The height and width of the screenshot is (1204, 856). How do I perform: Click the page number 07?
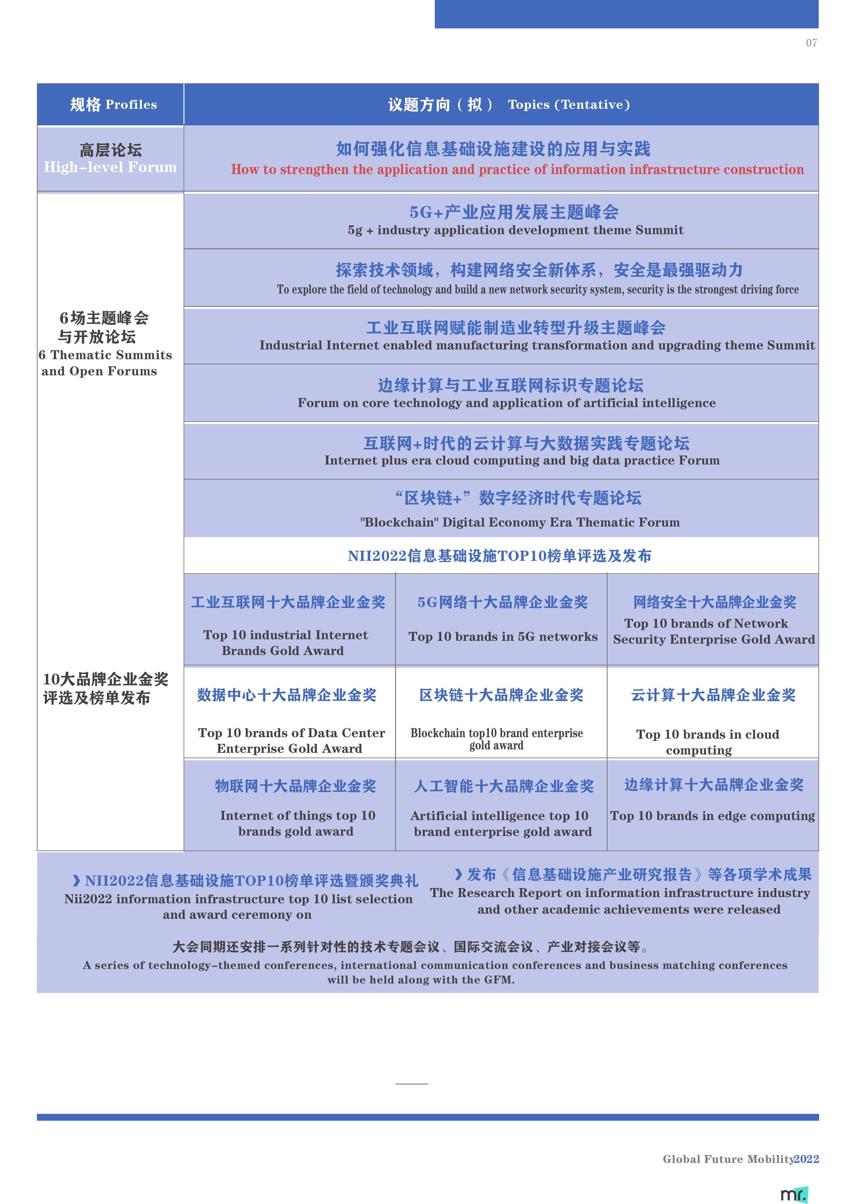pyautogui.click(x=811, y=43)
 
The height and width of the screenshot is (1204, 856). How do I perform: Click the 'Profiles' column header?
pyautogui.click(x=131, y=104)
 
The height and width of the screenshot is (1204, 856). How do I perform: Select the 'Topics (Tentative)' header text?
pyautogui.click(x=569, y=104)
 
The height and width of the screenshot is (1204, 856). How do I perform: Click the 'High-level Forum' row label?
pyautogui.click(x=110, y=167)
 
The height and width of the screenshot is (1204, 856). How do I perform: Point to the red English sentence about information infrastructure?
pyautogui.click(x=517, y=169)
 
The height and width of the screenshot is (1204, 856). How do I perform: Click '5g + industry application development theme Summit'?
pyautogui.click(x=515, y=230)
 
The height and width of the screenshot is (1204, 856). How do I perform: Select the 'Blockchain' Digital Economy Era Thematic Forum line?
pyautogui.click(x=520, y=522)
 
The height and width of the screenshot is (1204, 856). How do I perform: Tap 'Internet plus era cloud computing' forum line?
pyautogui.click(x=522, y=460)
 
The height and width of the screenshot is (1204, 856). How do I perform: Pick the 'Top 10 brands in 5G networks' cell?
pyautogui.click(x=503, y=637)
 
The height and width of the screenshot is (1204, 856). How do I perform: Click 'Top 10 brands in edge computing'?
pyautogui.click(x=712, y=816)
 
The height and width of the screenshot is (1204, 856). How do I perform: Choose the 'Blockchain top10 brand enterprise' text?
pyautogui.click(x=496, y=733)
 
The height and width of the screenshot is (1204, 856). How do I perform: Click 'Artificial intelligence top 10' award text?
pyautogui.click(x=499, y=816)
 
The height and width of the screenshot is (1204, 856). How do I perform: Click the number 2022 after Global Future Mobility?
pyautogui.click(x=806, y=1159)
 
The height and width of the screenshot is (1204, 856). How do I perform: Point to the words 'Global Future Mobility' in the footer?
pyautogui.click(x=728, y=1159)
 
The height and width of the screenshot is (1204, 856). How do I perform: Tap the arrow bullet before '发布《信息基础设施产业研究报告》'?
pyautogui.click(x=459, y=874)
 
